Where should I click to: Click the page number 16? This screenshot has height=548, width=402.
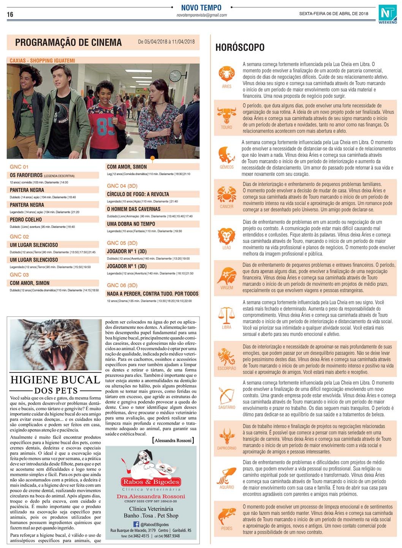(x=10, y=14)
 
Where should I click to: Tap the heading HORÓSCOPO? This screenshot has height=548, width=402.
(x=240, y=47)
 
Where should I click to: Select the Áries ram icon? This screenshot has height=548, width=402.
(x=226, y=74)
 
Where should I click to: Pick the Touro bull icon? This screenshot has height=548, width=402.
(x=226, y=115)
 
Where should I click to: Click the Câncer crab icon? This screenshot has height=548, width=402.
(x=226, y=194)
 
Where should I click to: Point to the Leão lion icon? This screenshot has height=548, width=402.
(x=226, y=236)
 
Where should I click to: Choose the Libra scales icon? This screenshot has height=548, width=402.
(x=226, y=315)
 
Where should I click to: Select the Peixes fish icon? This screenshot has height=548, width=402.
(x=226, y=516)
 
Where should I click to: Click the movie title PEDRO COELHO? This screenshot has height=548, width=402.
(x=26, y=220)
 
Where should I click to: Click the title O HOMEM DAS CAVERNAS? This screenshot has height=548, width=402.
(x=134, y=209)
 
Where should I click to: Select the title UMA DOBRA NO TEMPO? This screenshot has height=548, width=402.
(x=131, y=224)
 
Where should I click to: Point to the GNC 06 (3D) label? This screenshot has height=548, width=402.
(x=122, y=285)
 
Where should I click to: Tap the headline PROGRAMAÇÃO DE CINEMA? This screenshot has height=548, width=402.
(x=68, y=43)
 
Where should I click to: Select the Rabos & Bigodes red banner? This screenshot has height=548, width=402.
(x=151, y=482)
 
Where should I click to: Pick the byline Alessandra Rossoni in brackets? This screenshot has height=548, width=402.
(x=173, y=440)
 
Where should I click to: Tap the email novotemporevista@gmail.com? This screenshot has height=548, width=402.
(x=201, y=15)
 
